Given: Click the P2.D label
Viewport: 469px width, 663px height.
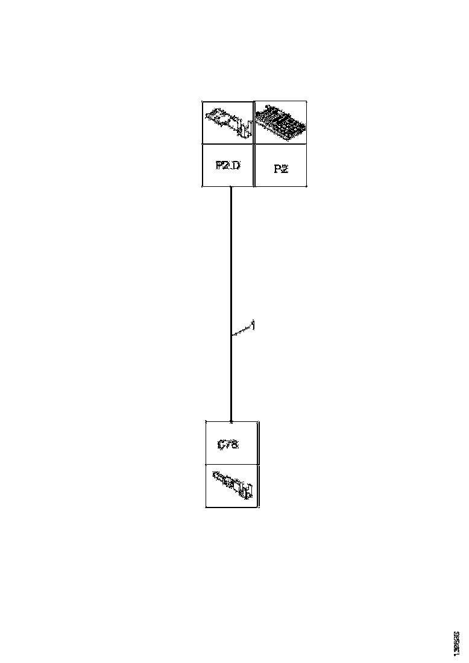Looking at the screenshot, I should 228,165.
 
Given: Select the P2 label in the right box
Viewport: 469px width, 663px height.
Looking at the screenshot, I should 281,169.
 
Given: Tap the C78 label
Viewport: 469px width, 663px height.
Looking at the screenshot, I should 228,445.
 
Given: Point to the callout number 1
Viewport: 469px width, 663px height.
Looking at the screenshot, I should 253,325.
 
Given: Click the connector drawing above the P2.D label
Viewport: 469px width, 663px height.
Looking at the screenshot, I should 228,122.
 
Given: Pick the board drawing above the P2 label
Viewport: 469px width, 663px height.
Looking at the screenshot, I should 281,122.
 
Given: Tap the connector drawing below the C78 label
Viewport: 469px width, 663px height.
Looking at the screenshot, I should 233,485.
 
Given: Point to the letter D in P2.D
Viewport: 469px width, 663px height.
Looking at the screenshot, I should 236,165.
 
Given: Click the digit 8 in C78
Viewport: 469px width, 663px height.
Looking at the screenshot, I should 234,445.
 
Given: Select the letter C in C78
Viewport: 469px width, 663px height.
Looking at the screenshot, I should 221,445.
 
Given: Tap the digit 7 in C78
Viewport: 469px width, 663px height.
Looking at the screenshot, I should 228,445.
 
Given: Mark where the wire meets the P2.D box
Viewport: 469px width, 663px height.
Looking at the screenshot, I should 231,187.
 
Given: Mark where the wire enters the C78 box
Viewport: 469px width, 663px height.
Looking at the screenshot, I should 231,421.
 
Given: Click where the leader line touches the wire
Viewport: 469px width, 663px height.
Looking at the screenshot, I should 232,335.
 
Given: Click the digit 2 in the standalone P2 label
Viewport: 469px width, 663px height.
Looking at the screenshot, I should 285,169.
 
